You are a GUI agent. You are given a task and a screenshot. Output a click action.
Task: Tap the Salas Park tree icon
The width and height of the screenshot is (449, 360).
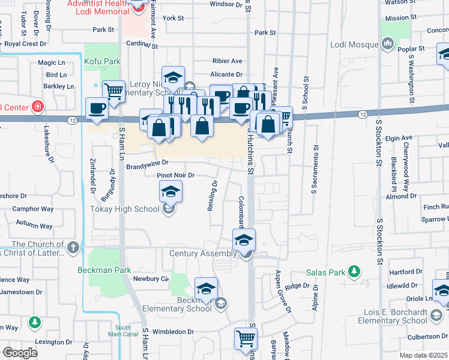pos(355,272)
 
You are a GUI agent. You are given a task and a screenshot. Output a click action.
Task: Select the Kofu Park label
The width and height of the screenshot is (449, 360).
pos(103,61)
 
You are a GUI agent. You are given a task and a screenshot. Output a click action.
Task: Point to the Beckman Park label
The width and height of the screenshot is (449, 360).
pos(104,271)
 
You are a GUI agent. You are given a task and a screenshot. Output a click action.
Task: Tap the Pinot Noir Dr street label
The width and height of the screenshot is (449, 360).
pos(176,175)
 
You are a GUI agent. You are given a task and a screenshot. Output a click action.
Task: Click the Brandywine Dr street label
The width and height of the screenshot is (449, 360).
pos(147,162)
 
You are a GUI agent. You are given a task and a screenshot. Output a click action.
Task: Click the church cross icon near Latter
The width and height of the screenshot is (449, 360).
pos(73,247)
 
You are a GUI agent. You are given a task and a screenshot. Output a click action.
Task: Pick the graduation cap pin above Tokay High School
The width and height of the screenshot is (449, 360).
pos(170,192)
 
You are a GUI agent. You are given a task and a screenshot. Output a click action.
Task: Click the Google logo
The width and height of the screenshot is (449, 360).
pos(20,353)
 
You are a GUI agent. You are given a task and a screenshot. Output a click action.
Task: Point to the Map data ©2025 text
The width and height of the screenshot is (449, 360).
pos(424,355)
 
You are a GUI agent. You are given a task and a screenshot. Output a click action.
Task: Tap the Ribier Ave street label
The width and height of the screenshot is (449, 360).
pos(228,61)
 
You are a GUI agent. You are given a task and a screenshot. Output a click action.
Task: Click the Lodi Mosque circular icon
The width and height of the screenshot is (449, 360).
pos(387,44)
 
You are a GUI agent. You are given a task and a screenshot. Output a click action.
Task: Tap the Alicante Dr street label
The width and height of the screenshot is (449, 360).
pos(226,74)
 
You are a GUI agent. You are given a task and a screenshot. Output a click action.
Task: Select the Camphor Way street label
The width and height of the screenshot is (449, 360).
pos(34,209)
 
